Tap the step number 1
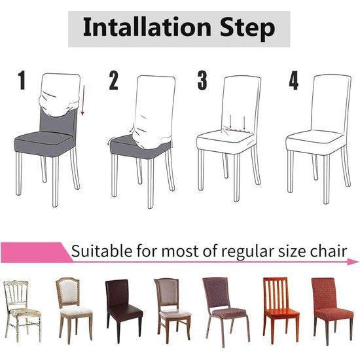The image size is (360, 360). coord(22,81)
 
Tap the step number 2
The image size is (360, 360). coord(114,81)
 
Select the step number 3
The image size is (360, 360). coord(202,81)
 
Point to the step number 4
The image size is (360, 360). coord(294,81)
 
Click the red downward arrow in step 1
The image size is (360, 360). coord(83,103)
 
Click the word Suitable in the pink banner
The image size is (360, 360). coord(98,251)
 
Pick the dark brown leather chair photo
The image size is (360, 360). coord(122,308)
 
